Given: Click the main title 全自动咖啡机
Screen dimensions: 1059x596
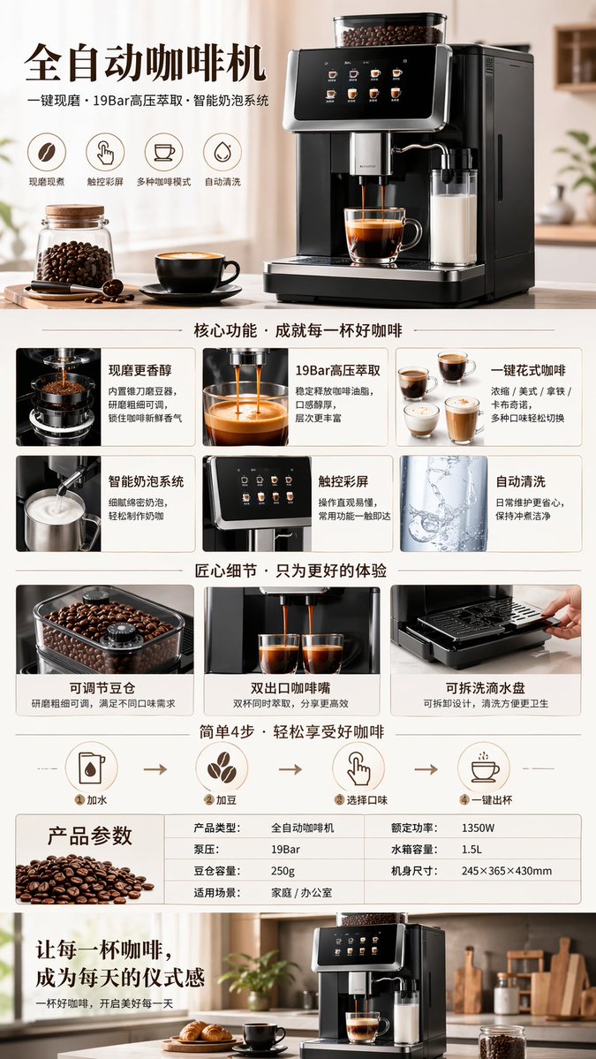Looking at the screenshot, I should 145,63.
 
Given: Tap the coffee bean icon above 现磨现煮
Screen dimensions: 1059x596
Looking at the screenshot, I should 47,152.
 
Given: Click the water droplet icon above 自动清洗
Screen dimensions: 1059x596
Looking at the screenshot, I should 223,152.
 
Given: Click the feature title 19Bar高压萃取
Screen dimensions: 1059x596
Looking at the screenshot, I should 338,370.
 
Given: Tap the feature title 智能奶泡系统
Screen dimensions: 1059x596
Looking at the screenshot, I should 146,481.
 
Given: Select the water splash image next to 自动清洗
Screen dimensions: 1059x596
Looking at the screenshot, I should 443,503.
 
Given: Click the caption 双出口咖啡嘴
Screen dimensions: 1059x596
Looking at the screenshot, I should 291,687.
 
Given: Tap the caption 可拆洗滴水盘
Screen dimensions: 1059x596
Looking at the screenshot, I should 486,687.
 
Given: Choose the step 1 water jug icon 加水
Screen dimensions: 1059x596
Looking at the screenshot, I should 91,768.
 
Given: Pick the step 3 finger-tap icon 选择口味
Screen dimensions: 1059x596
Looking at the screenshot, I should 358,768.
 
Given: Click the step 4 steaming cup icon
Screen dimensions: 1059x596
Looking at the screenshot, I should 484,768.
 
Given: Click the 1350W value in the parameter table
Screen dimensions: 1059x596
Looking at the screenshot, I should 478,828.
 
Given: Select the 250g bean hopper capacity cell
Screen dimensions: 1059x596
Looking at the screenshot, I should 283,871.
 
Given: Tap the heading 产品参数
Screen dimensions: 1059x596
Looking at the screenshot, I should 89,836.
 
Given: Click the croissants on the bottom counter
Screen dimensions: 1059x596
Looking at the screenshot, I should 204,1032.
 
